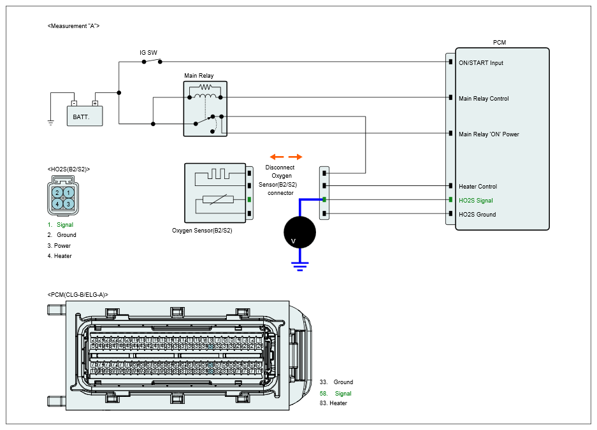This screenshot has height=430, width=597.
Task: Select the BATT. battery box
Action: (85, 115)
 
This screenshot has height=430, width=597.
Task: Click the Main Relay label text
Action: (199, 76)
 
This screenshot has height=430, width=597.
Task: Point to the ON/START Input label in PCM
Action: (481, 63)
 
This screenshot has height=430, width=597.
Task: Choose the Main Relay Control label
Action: (484, 99)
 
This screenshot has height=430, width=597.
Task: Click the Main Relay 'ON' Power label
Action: (488, 134)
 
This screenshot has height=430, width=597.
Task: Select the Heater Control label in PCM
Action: (478, 187)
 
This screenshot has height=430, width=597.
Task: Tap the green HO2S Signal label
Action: (476, 201)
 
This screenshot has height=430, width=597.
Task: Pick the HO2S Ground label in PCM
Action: (477, 215)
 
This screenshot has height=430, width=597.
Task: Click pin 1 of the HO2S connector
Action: (68, 192)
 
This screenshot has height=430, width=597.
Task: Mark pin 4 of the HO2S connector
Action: (57, 204)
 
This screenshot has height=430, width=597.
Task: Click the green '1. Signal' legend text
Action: (61, 225)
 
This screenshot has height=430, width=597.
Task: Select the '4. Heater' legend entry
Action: (60, 256)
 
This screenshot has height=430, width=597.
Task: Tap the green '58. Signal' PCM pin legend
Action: (336, 394)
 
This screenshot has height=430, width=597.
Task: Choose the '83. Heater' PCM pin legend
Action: (333, 403)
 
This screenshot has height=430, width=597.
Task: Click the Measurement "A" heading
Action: (74, 25)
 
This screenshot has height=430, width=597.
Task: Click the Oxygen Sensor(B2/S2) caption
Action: (202, 231)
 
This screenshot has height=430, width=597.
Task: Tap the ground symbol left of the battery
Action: (51, 122)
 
